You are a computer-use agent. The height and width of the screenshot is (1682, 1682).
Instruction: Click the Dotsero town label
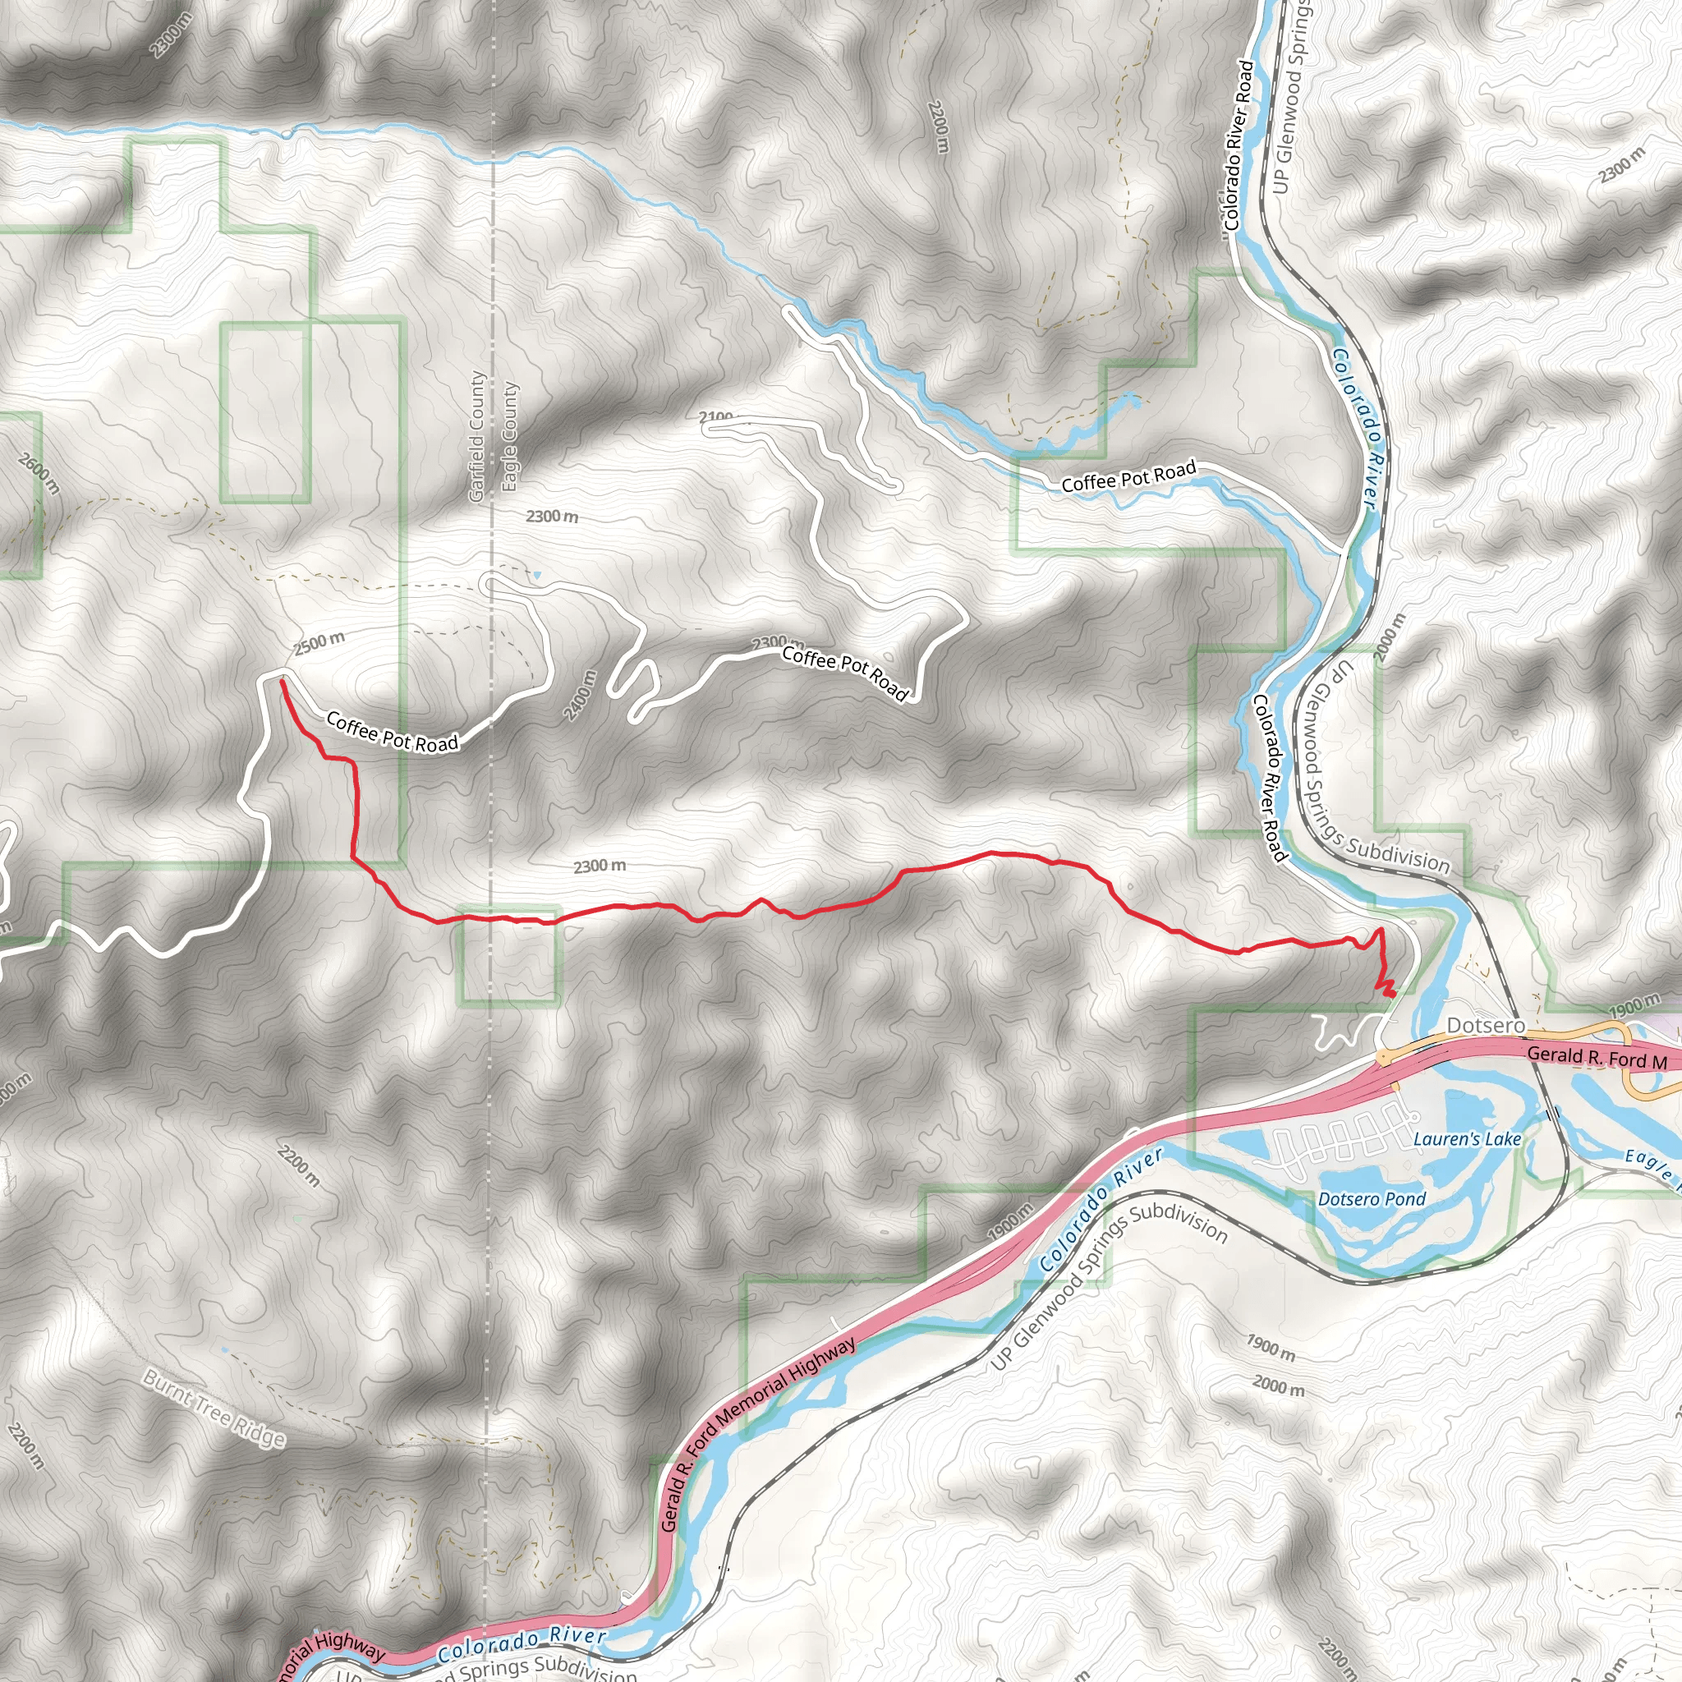tap(1486, 1026)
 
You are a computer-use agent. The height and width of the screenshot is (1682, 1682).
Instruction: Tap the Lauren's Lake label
tap(1467, 1139)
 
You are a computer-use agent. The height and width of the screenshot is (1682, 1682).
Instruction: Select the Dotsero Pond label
tap(1372, 1200)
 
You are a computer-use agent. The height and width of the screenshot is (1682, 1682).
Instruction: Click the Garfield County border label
tap(476, 436)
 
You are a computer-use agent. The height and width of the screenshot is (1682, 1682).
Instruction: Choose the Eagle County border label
tap(509, 436)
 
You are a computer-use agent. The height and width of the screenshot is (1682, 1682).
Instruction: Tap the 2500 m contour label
tap(319, 642)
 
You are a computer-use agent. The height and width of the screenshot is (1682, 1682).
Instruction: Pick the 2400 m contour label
tap(581, 695)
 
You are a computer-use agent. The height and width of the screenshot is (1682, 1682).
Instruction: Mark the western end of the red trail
tap(281, 682)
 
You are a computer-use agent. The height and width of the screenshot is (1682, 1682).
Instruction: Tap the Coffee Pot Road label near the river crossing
tap(1128, 477)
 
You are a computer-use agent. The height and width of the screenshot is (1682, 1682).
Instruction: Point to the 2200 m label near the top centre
tap(938, 127)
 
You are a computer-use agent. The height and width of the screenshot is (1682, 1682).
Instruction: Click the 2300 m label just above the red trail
tap(599, 866)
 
